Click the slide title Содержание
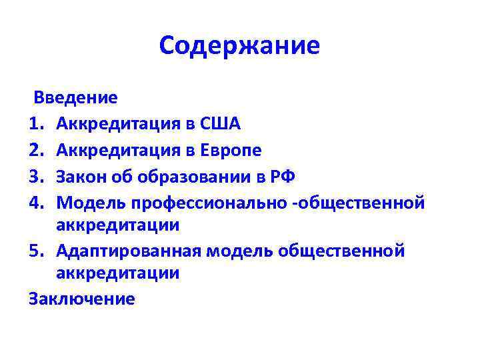click(x=240, y=45)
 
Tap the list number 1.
click(x=35, y=123)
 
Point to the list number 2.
click(x=35, y=150)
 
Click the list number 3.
click(x=35, y=177)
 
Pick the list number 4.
click(x=35, y=202)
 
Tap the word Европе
click(x=229, y=150)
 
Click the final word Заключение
click(x=82, y=298)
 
